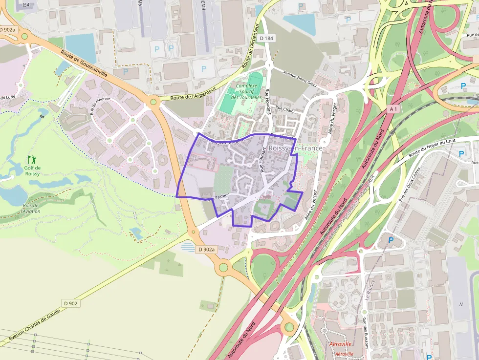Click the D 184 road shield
(267, 38)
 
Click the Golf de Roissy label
(32, 171)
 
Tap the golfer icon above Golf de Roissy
(32, 159)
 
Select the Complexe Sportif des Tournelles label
(247, 91)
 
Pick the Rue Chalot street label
(285, 109)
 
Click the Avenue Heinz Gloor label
(301, 78)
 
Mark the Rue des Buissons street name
(365, 332)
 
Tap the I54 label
(25, 5)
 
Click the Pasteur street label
(221, 196)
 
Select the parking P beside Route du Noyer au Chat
(461, 154)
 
